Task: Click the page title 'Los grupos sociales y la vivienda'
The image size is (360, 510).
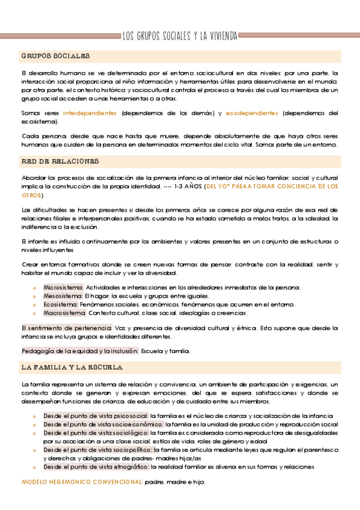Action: [180, 35]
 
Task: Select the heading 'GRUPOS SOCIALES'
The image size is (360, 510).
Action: [55, 56]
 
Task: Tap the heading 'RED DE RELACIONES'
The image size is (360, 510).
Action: [59, 162]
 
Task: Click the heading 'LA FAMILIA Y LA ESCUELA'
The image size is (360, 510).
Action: [72, 367]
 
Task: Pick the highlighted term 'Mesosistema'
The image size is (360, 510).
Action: [63, 296]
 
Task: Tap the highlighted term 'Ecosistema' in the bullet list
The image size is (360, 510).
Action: [61, 304]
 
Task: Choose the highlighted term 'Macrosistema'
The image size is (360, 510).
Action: [64, 313]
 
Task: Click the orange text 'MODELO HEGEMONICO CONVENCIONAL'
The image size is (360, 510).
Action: [82, 482]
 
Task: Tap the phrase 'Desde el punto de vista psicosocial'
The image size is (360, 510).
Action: [96, 416]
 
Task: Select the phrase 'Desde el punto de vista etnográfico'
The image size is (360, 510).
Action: [96, 466]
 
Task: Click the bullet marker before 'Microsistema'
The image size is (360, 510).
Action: [35, 288]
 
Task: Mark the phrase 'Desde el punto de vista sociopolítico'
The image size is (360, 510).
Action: [97, 449]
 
